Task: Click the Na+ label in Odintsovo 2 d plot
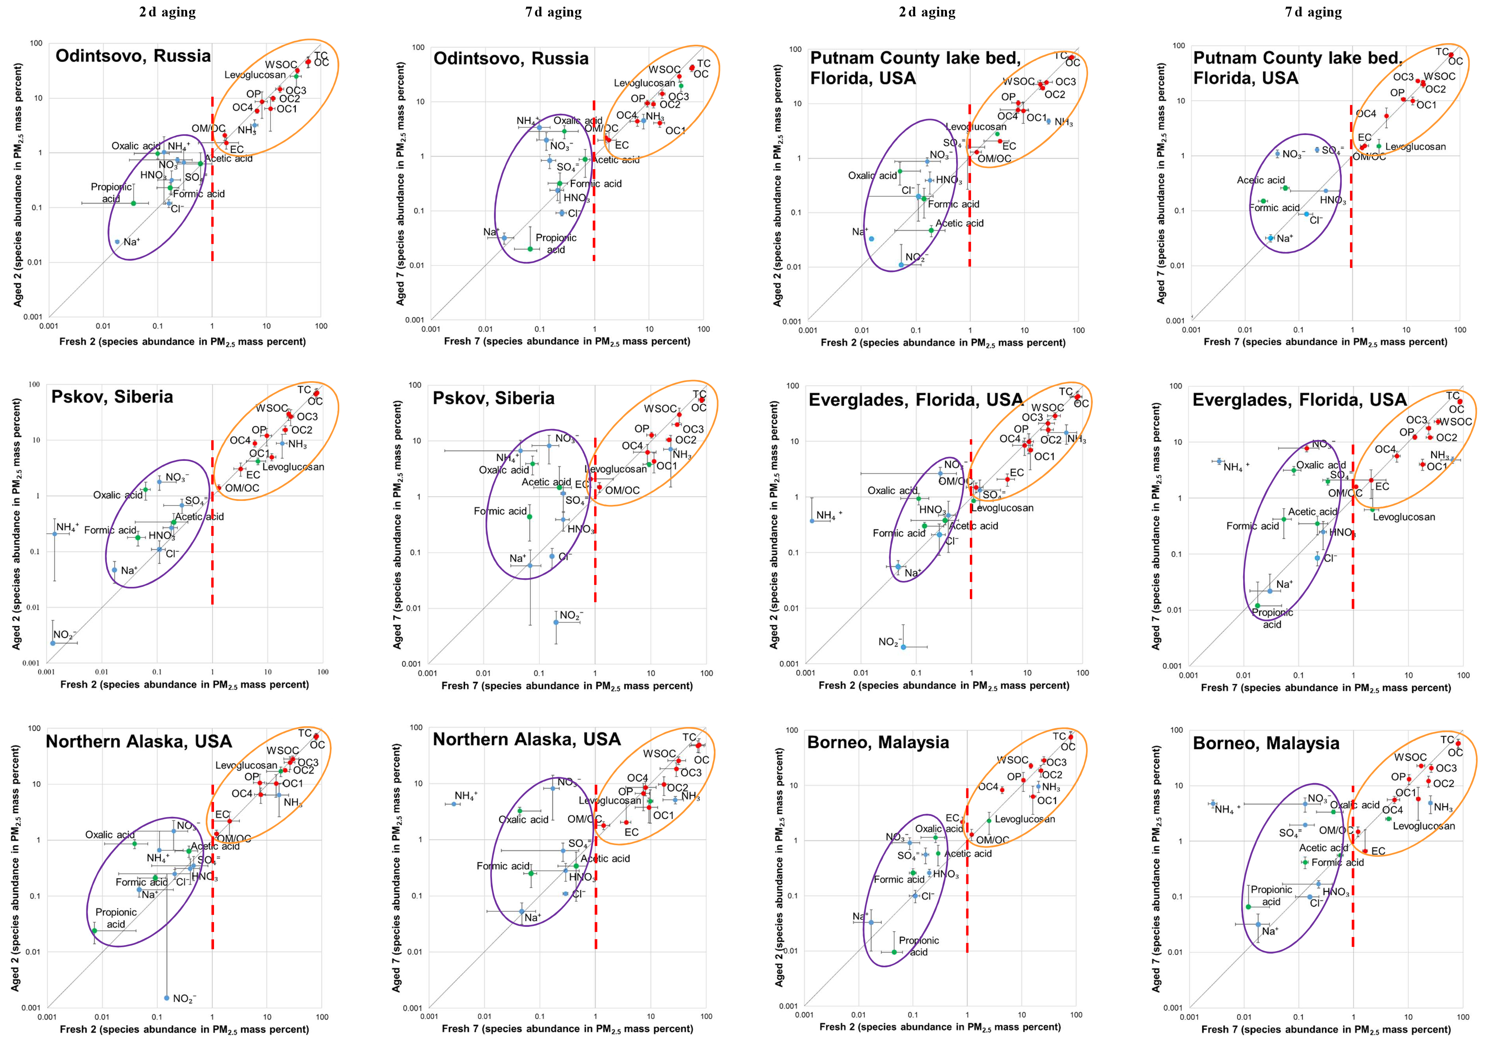[131, 242]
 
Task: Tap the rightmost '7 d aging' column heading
[1313, 12]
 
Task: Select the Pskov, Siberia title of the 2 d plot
[112, 396]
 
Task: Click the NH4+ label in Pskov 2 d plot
[67, 528]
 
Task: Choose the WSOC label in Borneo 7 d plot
[1410, 757]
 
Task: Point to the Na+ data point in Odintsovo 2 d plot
[117, 242]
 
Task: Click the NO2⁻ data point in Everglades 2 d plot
[903, 647]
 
